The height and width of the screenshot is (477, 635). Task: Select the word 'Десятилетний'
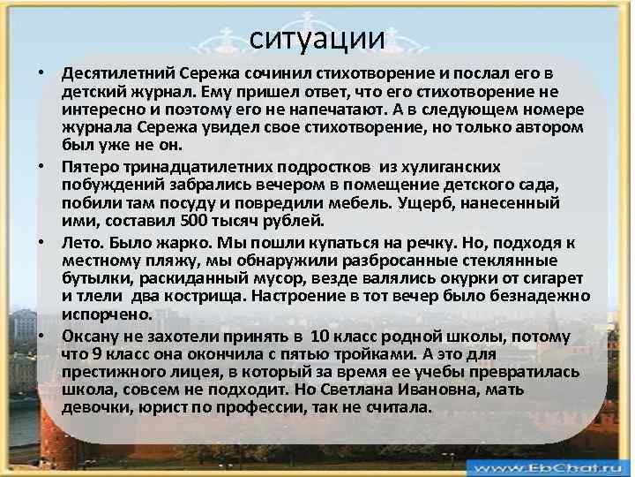tap(115, 73)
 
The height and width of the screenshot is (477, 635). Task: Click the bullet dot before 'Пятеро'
tap(42, 166)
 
